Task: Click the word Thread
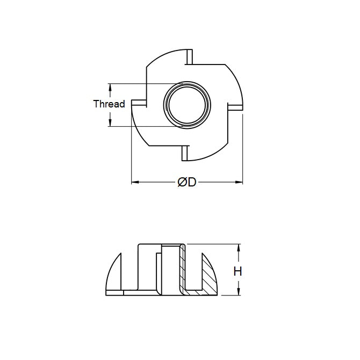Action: pos(109,104)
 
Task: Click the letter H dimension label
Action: pos(237,271)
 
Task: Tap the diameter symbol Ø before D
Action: pos(182,183)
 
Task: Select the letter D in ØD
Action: pos(191,183)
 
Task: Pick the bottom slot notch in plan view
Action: pos(185,153)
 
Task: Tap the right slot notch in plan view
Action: pos(234,107)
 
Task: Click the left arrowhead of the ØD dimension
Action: pos(134,183)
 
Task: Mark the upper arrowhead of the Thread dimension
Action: pos(110,86)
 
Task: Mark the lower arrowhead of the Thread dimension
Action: pos(110,124)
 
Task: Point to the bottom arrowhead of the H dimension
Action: pos(238,292)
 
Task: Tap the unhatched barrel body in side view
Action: pos(148,269)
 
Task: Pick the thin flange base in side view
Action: pos(140,293)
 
